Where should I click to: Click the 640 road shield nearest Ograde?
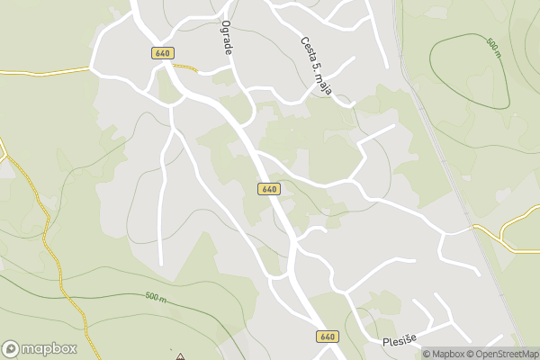tap(162, 54)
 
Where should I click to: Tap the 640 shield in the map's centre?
tap(269, 189)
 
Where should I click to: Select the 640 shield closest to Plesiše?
tap(328, 336)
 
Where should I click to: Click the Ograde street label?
tap(227, 39)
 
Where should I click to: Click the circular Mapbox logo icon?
tap(12, 349)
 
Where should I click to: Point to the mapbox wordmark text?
tap(49, 349)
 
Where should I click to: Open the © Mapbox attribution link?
tap(444, 354)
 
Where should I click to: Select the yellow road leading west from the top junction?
tap(45, 70)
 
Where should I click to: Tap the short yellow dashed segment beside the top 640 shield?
tap(184, 66)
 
